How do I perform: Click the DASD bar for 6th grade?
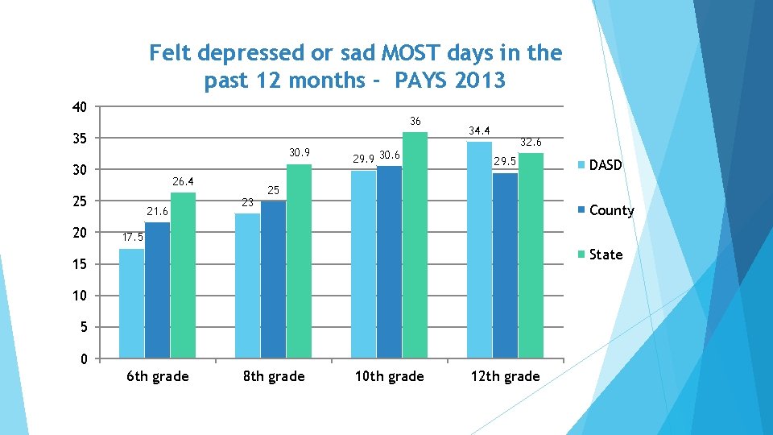[x=131, y=303]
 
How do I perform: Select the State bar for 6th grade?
[x=183, y=275]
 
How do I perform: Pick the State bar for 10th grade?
[x=415, y=245]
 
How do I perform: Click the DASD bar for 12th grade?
[x=479, y=250]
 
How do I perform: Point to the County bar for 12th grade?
[x=505, y=265]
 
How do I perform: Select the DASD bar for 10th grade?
[x=363, y=264]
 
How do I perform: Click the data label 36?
[x=415, y=122]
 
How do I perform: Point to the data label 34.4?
[x=479, y=130]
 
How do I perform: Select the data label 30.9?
[x=299, y=153]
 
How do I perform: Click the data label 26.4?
[x=183, y=181]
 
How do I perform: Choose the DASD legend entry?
[x=605, y=165]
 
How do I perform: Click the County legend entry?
[x=610, y=210]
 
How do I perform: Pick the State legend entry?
[x=605, y=255]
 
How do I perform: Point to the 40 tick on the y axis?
[x=79, y=107]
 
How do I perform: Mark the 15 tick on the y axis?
[x=79, y=265]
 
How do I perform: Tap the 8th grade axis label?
[x=273, y=376]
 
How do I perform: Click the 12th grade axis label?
[x=505, y=376]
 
